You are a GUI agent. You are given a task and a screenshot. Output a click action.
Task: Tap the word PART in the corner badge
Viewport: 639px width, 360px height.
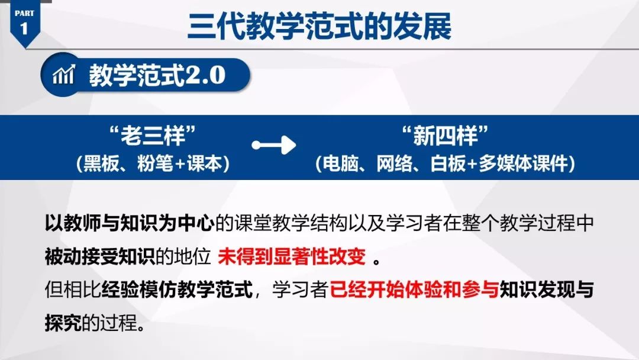point(24,12)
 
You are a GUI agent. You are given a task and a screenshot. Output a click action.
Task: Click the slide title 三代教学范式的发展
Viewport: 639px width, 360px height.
point(319,27)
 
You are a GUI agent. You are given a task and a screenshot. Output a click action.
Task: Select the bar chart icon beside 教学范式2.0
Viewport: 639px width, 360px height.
point(63,76)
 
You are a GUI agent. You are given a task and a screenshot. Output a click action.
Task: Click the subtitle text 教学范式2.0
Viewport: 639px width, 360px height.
point(157,76)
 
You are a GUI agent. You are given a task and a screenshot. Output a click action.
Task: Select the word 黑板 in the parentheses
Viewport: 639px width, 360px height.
point(101,164)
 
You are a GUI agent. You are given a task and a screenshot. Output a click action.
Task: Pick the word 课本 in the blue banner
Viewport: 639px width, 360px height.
point(208,164)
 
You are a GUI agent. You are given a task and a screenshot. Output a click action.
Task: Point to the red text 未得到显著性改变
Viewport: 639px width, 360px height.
point(293,259)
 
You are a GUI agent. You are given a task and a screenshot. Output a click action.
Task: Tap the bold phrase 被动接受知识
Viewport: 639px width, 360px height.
point(99,259)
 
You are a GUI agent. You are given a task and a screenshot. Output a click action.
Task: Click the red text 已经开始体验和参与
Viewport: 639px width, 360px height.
point(414,291)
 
